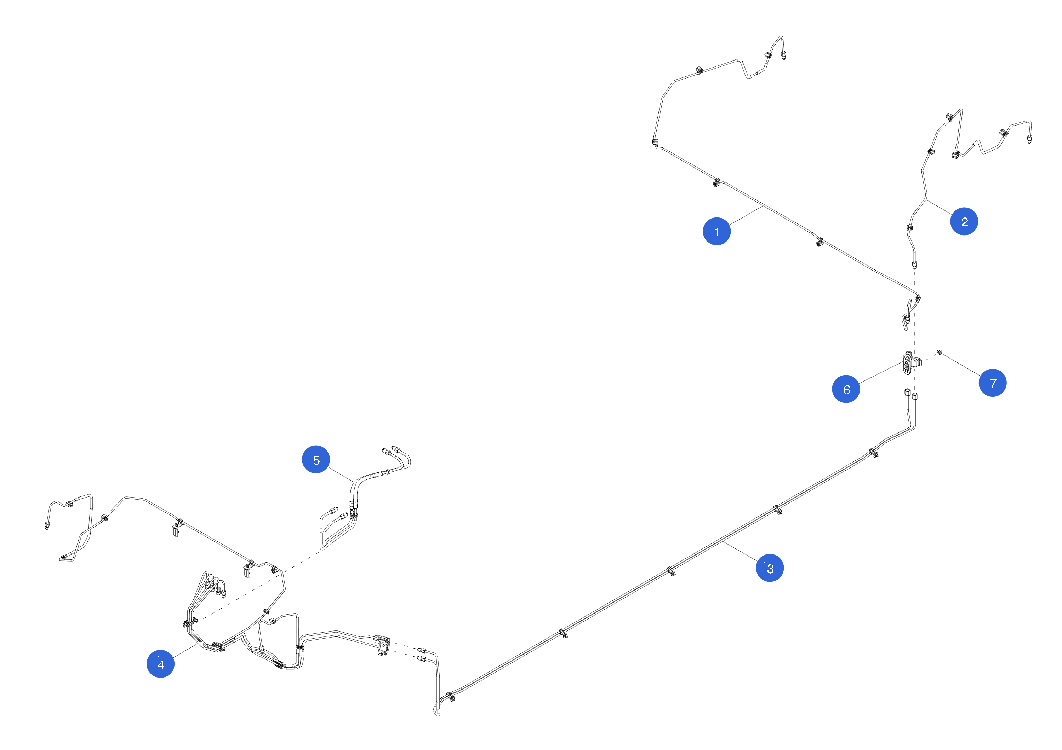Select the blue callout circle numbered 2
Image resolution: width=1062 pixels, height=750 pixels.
[964, 221]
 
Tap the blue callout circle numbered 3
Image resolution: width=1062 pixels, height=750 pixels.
[770, 568]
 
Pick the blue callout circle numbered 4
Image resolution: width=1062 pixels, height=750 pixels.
[160, 664]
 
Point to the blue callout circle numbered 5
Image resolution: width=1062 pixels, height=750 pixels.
[316, 460]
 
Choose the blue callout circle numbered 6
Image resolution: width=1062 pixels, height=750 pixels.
[846, 389]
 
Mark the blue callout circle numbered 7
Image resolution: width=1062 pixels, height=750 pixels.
[992, 383]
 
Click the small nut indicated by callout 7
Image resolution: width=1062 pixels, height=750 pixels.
[940, 353]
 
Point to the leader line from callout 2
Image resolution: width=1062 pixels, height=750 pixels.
[939, 207]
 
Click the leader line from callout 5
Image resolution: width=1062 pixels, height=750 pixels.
[341, 475]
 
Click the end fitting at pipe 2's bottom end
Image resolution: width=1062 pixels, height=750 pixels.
[914, 265]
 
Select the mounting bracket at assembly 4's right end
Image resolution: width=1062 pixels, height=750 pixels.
[383, 644]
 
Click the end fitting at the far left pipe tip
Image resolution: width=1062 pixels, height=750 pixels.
[47, 526]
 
